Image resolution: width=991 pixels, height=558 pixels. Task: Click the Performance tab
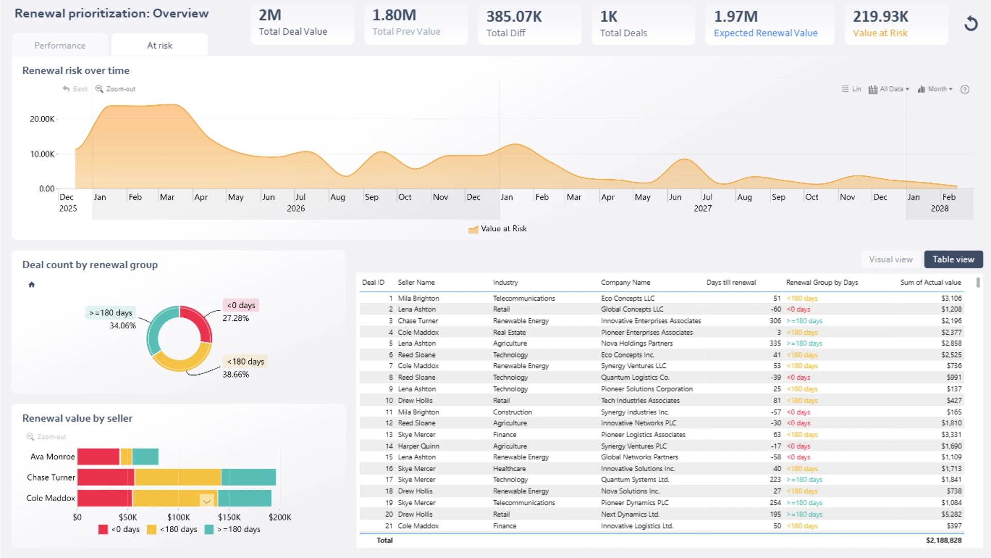tap(60, 45)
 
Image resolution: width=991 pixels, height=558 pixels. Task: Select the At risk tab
tap(159, 45)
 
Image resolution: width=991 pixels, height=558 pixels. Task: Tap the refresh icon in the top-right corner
tap(971, 23)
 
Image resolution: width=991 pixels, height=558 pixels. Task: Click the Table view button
tap(953, 259)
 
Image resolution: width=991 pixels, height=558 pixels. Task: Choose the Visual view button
tap(891, 259)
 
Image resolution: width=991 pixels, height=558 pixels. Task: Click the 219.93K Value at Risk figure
tap(880, 17)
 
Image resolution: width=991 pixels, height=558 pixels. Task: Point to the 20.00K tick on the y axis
tap(42, 119)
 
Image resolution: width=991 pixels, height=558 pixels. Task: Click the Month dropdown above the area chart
tap(935, 89)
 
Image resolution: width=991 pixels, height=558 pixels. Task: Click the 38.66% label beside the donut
tap(236, 375)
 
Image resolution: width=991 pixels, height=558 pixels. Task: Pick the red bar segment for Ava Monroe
tap(98, 457)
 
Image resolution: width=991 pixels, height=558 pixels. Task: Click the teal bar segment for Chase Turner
tap(249, 477)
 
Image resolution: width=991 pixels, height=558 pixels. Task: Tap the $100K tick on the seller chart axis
tap(179, 517)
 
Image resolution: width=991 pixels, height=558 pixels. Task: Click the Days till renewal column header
tap(731, 283)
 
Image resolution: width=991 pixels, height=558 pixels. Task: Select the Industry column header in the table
tap(505, 283)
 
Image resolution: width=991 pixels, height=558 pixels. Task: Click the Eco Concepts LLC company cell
tap(628, 298)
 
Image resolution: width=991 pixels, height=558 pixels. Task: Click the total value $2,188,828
tap(944, 540)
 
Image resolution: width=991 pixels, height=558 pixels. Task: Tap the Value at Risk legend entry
tap(498, 229)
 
